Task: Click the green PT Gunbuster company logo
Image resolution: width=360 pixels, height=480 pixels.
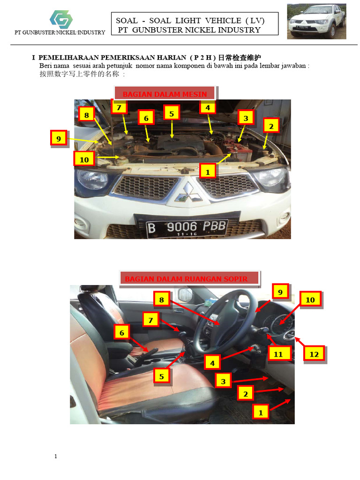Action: pos(61,19)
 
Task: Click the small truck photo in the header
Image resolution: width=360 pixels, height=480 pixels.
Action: pos(316,22)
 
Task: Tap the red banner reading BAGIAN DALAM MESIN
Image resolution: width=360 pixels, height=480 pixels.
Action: pos(165,94)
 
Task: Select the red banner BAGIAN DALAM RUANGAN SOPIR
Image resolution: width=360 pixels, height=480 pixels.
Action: pos(186,278)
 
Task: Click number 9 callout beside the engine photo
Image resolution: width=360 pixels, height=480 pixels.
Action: pos(59,138)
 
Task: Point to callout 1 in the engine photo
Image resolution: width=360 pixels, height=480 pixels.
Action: pos(208,172)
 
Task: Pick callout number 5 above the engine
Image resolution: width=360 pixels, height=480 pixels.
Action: pos(172,113)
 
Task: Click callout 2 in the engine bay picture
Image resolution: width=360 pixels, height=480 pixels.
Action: pos(271,126)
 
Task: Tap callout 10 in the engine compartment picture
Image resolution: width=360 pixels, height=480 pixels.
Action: pos(84,159)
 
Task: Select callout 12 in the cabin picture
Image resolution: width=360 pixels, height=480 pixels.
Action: pos(314,354)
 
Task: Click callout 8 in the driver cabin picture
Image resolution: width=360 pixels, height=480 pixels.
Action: pos(162,300)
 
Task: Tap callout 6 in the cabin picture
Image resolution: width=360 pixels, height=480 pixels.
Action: pos(122,332)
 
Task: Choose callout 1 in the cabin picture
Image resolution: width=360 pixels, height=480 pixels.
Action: pos(261,412)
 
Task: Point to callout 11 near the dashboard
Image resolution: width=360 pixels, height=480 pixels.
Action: pos(278,354)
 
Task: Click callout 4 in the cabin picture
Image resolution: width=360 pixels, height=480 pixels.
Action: pos(212,363)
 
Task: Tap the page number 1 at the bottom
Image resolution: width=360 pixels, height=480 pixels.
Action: pos(55,456)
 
